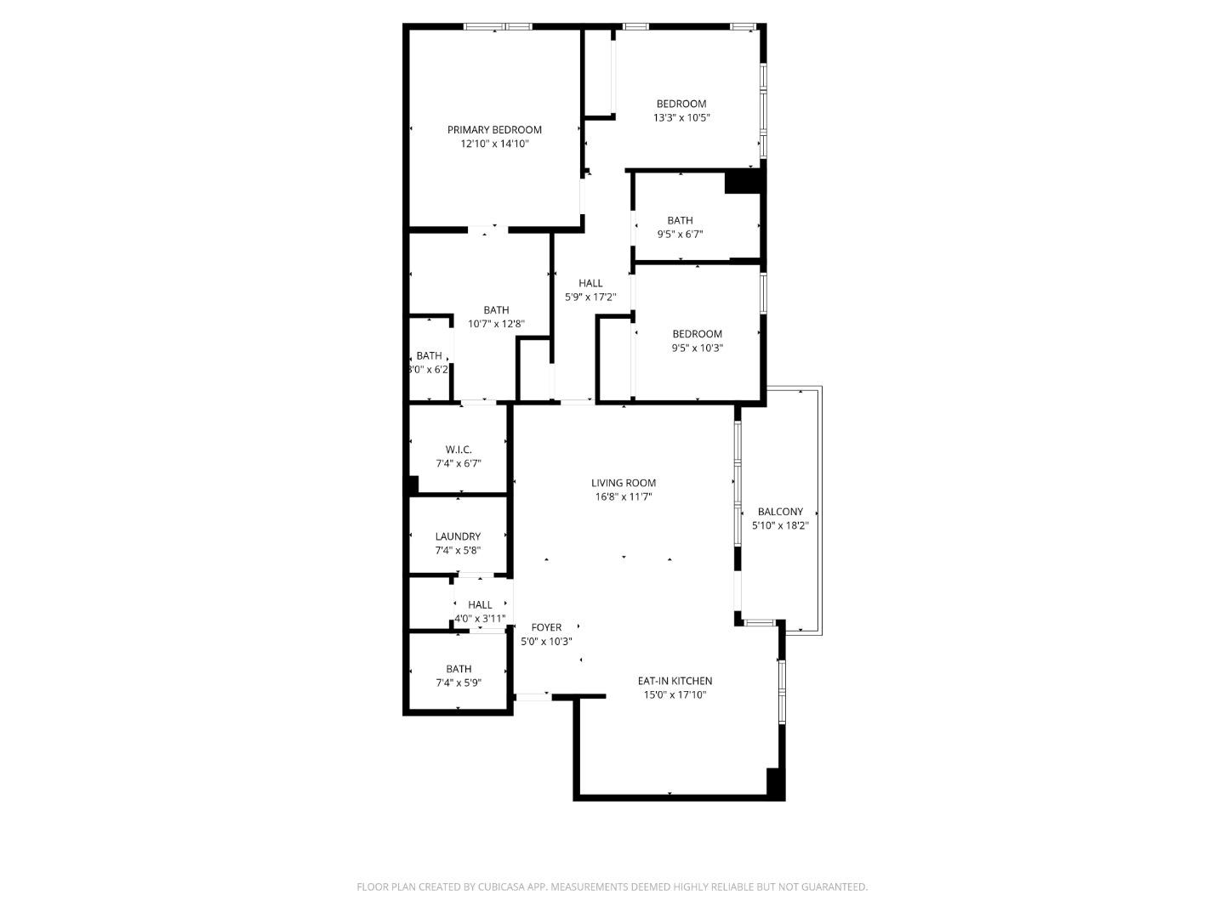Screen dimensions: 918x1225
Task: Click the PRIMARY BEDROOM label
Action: (494, 130)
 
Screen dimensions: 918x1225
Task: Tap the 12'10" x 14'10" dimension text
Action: (494, 144)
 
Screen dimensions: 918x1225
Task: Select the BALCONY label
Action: (780, 512)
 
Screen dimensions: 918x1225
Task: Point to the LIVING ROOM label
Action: (624, 483)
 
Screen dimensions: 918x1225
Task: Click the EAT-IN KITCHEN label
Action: (675, 681)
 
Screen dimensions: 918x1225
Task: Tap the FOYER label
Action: (546, 627)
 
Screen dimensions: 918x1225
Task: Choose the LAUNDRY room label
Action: (458, 536)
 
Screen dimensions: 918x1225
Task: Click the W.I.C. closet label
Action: (459, 450)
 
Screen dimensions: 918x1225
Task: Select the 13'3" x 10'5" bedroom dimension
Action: (681, 118)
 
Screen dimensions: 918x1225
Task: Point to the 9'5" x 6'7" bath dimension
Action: (680, 235)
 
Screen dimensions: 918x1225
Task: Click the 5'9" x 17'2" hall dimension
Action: (590, 297)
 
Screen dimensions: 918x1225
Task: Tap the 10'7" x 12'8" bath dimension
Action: (496, 324)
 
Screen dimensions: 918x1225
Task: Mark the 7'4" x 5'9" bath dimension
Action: (459, 683)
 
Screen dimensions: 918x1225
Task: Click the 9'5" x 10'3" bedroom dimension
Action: (697, 348)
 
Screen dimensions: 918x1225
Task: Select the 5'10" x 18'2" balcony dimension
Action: (780, 526)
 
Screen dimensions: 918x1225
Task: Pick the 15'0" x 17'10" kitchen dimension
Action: (675, 695)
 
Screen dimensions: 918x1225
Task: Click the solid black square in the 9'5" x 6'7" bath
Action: (742, 182)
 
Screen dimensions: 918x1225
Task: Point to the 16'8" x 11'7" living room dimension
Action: (624, 497)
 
